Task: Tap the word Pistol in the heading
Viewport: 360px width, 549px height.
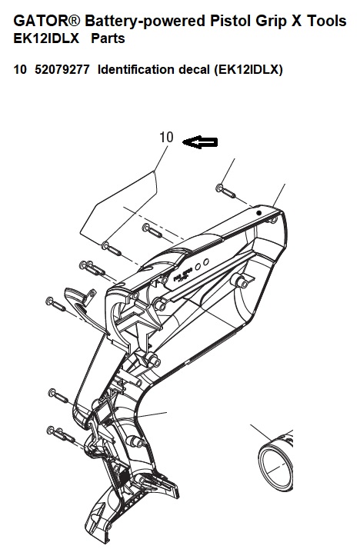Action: [230, 21]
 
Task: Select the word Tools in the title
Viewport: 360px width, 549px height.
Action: [327, 21]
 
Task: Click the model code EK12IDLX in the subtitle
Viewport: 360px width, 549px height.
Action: [46, 38]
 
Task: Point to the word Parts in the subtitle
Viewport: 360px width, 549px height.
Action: [108, 38]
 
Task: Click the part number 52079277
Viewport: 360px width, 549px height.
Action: [62, 69]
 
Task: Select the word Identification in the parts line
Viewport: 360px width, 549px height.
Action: [136, 69]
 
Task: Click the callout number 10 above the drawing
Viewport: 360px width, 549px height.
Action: [166, 137]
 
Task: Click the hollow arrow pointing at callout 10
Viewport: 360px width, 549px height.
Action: [200, 142]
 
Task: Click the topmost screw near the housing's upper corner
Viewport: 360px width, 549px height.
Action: [225, 191]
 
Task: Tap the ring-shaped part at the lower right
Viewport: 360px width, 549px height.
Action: [276, 462]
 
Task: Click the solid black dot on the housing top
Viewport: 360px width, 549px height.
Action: [258, 212]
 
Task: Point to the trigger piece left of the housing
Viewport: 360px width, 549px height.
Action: [84, 308]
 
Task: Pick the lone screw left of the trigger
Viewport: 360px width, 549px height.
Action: [55, 303]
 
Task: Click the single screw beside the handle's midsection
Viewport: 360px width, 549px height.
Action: [58, 395]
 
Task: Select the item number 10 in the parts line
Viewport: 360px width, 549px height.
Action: [20, 69]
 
